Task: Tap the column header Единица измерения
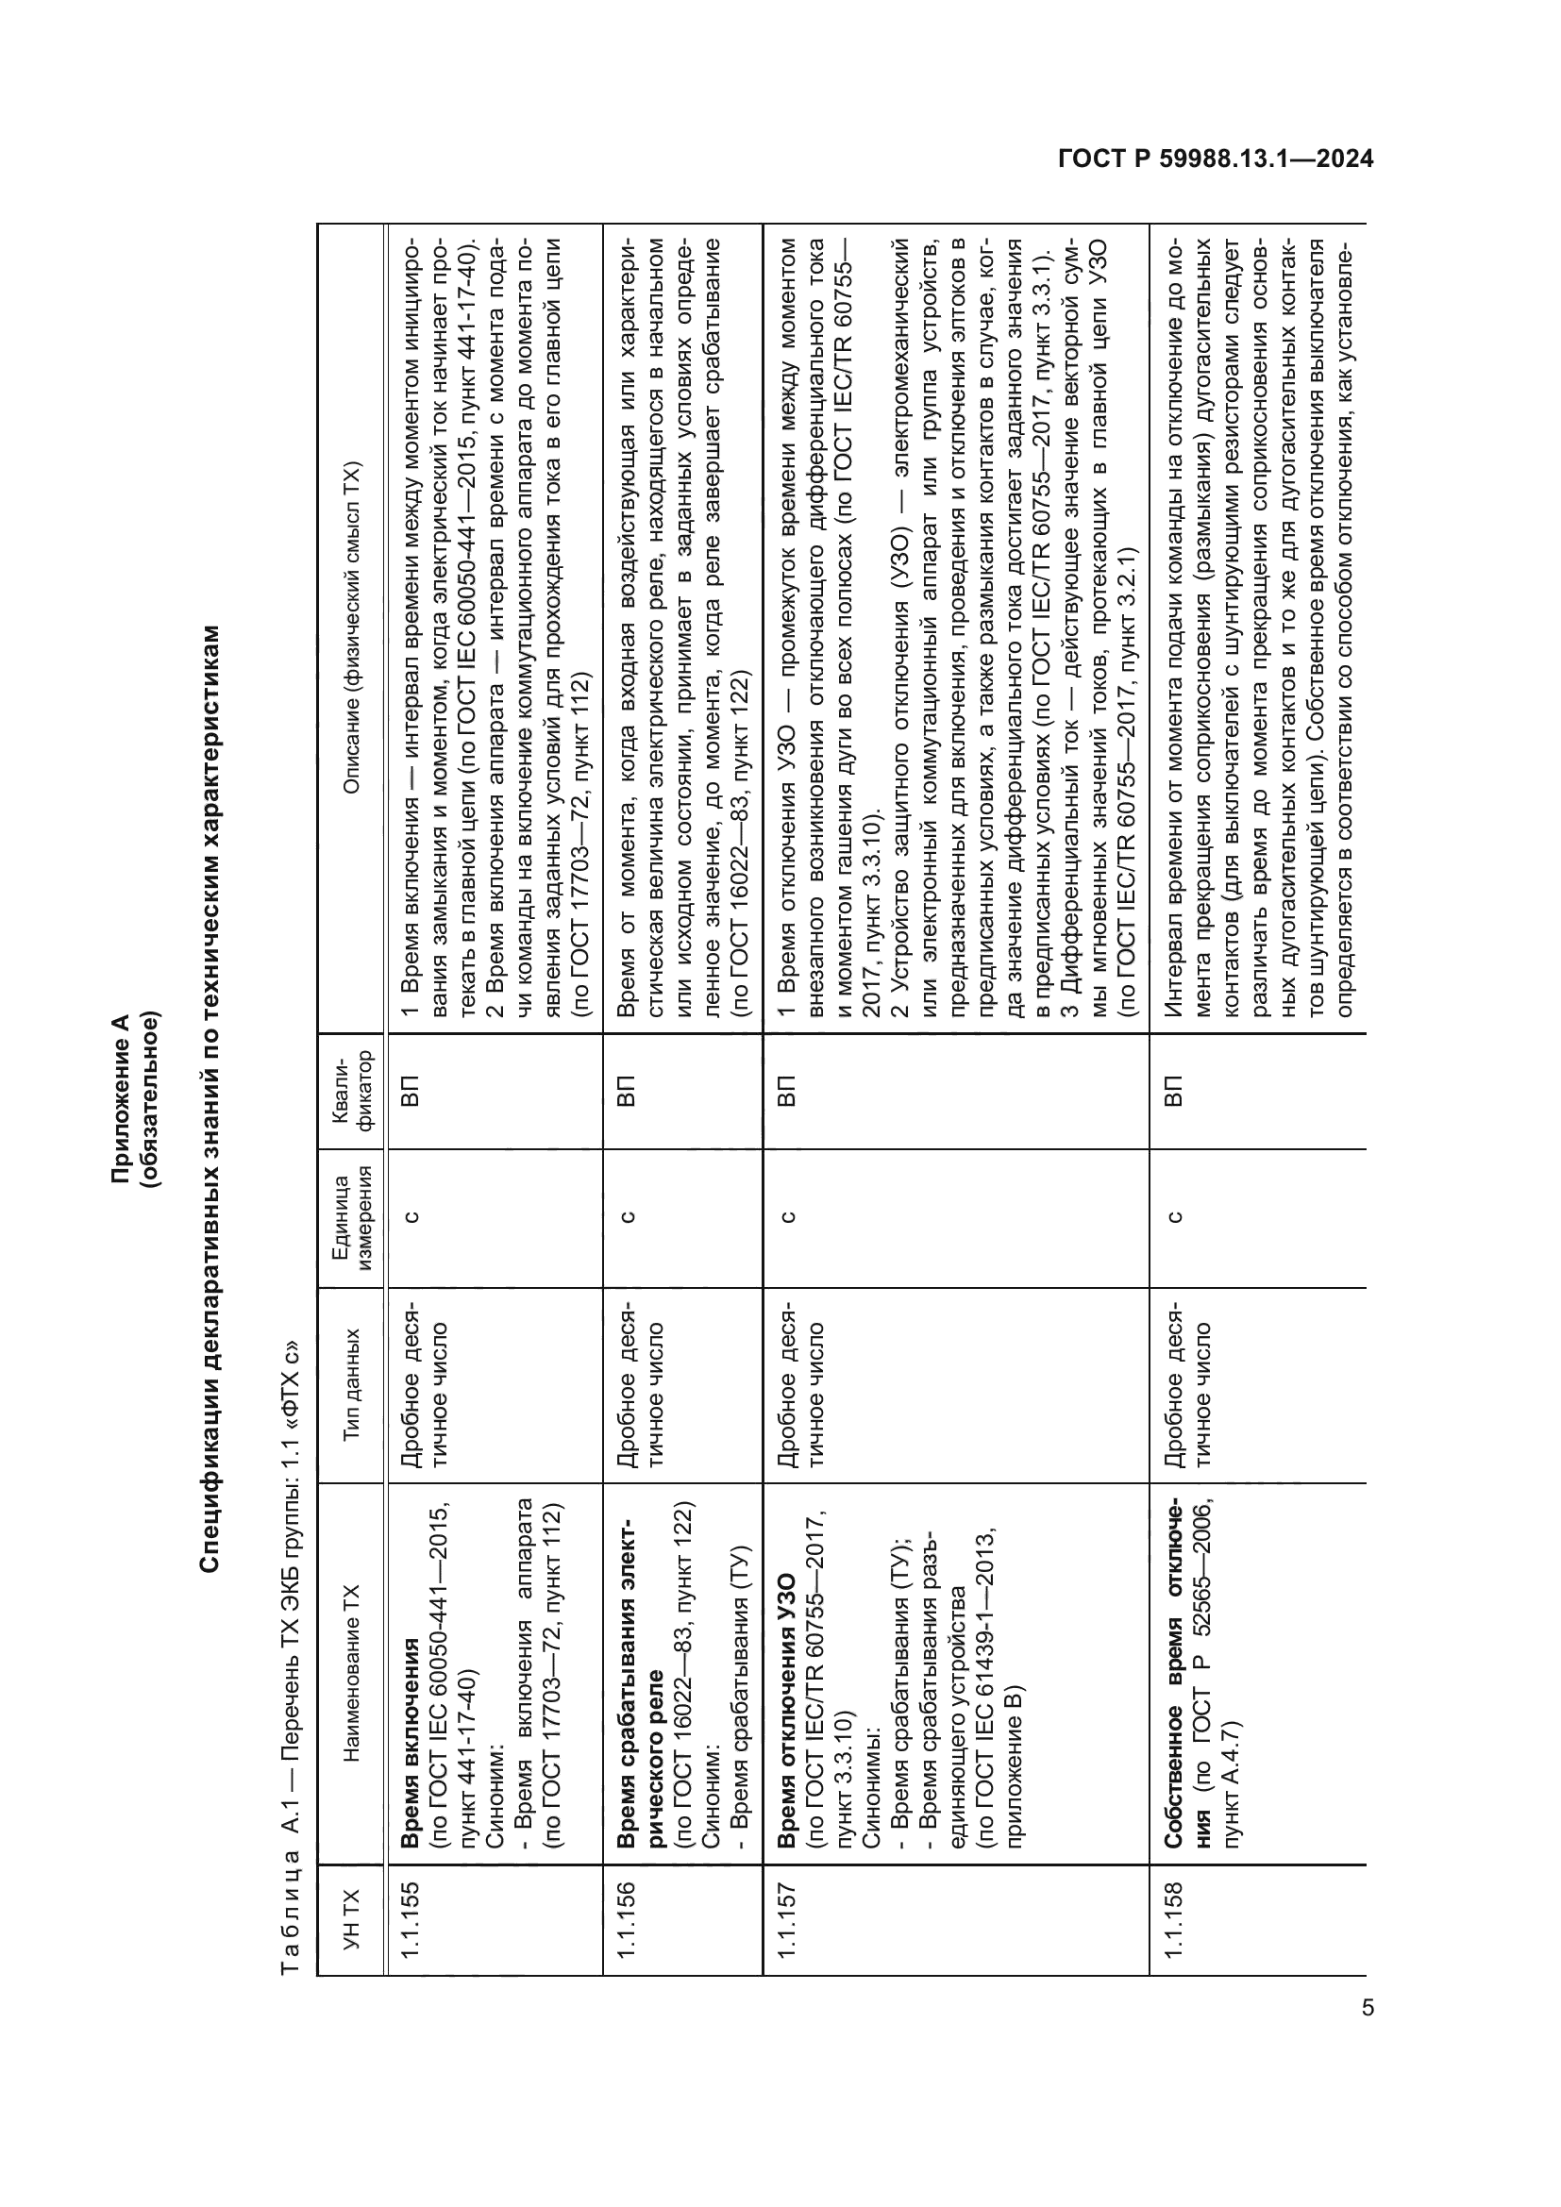coord(351,1218)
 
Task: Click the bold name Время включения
coord(411,1743)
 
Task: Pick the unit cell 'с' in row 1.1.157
coord(786,1218)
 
